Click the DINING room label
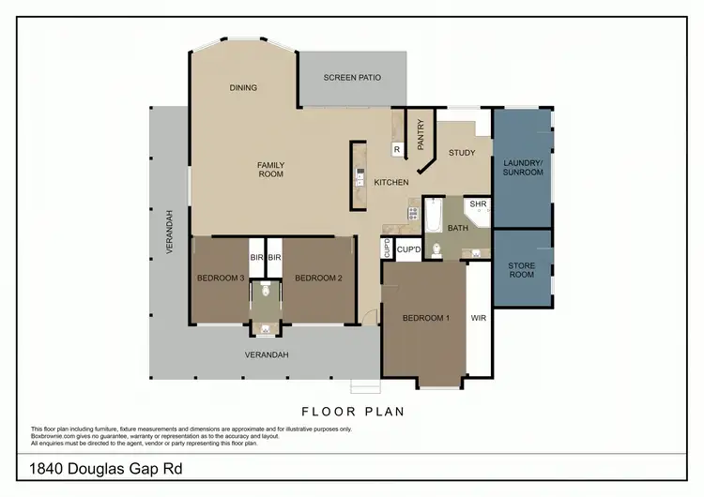(x=243, y=88)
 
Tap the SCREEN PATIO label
(x=352, y=77)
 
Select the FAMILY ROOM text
(x=271, y=170)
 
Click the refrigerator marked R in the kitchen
(x=397, y=149)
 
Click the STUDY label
(x=462, y=153)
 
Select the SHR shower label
(x=478, y=203)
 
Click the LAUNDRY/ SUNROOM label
(x=522, y=167)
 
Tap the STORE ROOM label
(x=522, y=270)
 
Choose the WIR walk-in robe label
(x=478, y=318)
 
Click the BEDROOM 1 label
(x=426, y=318)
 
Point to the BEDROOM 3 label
(x=221, y=278)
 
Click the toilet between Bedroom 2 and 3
(x=267, y=292)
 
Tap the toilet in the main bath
(x=436, y=249)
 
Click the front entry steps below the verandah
(x=364, y=387)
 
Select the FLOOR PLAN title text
(x=352, y=411)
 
